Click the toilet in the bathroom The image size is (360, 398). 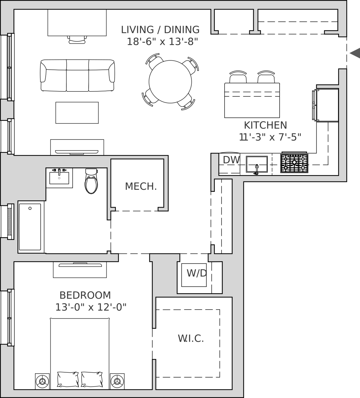point(91,181)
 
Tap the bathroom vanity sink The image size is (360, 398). point(59,178)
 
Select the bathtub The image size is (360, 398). point(30,227)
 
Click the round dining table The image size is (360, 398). point(170,82)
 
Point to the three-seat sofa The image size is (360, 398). point(77,75)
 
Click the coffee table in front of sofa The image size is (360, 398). point(77,113)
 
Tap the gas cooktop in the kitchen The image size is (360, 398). point(294,163)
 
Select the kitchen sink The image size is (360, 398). point(257,164)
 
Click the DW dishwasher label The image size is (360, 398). point(231,160)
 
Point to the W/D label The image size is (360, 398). point(197,273)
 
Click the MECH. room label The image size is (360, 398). point(141,186)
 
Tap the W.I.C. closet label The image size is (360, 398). point(191,338)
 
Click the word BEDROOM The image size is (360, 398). point(85,295)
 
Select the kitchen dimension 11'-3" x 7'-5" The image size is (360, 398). point(270,137)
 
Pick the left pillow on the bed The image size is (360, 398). point(68,379)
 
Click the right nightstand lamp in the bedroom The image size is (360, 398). point(117,381)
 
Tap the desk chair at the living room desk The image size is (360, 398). point(77,40)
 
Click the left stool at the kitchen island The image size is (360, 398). point(238,77)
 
